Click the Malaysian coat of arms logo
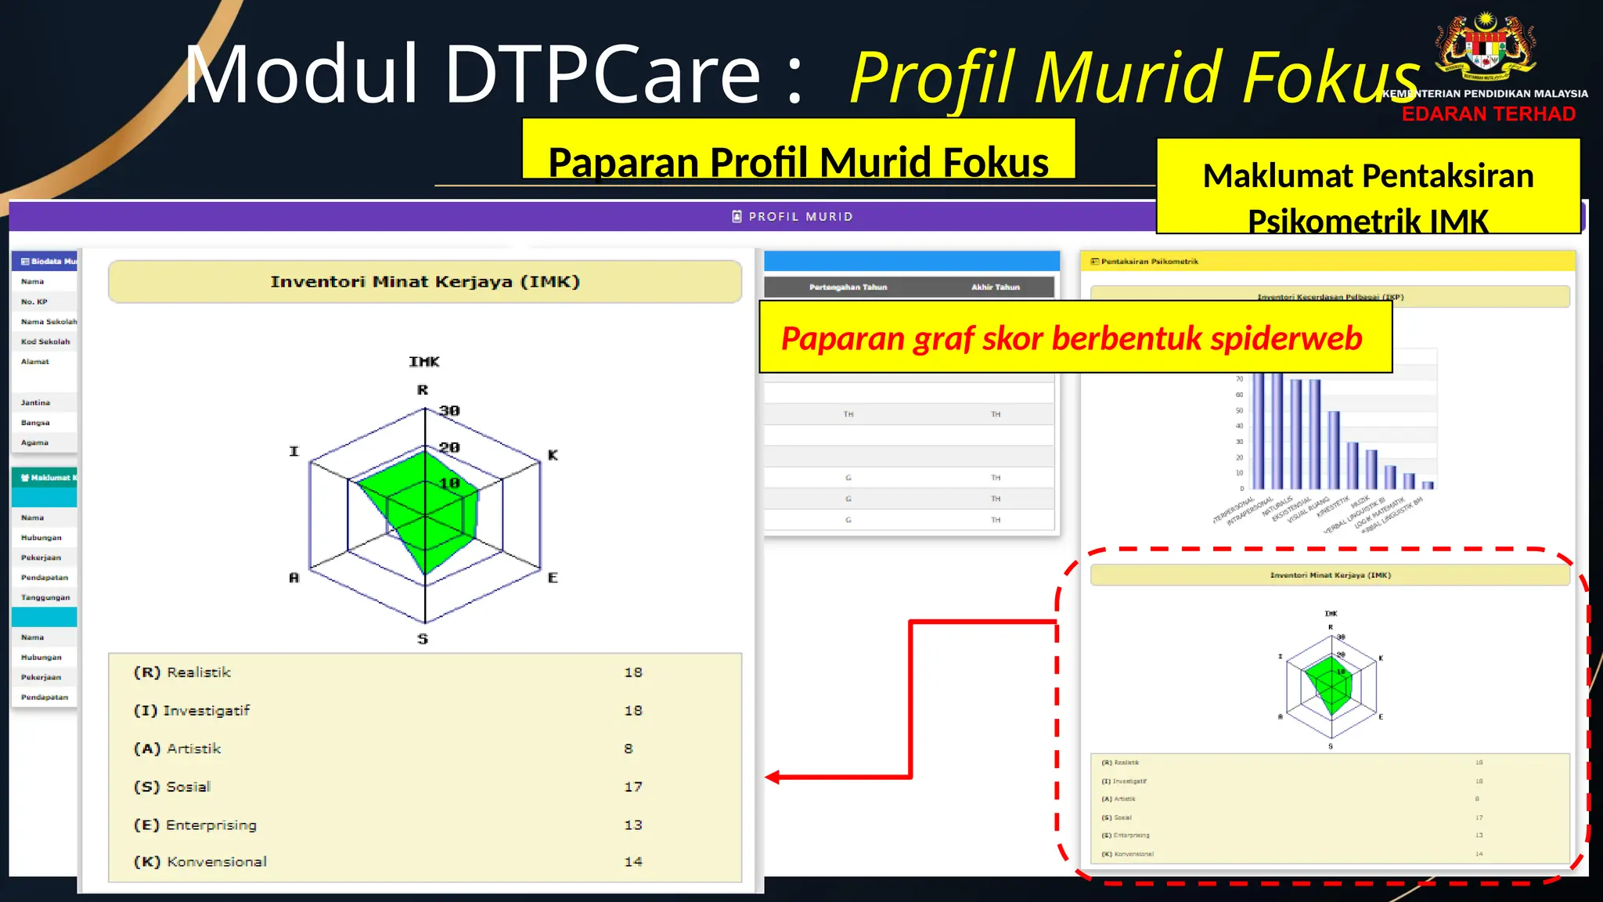click(x=1485, y=47)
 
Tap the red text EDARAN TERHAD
click(x=1488, y=114)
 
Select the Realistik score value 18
click(x=633, y=673)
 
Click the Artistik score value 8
click(x=629, y=749)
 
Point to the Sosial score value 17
click(x=633, y=787)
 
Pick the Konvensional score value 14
click(x=633, y=862)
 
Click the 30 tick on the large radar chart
click(x=449, y=410)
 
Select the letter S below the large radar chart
click(x=423, y=639)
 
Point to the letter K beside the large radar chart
click(x=553, y=455)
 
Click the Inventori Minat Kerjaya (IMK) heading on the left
click(x=425, y=282)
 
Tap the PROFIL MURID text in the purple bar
click(x=800, y=217)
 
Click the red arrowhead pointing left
click(x=773, y=777)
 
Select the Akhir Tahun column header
click(x=996, y=287)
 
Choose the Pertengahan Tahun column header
click(x=848, y=287)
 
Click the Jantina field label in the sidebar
click(x=35, y=402)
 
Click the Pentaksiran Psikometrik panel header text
click(x=1149, y=262)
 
